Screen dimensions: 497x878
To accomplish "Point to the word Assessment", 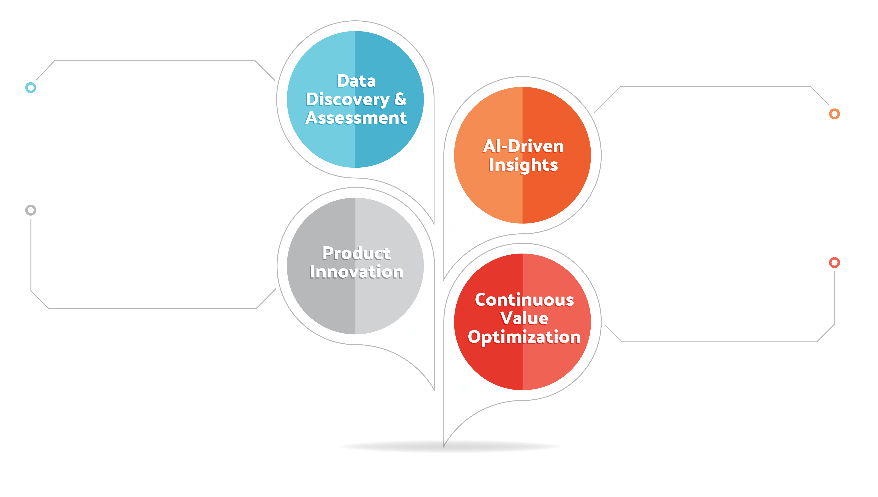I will (356, 118).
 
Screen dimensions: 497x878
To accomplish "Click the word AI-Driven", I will (523, 146).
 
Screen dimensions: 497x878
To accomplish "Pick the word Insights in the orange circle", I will (523, 165).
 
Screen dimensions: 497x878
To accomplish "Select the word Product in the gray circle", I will (356, 253).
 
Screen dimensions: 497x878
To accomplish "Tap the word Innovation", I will (356, 272).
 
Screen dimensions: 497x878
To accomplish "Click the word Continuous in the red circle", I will (524, 300).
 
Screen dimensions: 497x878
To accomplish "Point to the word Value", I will (524, 318).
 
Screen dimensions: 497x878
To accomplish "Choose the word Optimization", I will (524, 337).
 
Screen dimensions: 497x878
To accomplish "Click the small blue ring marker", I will (31, 88).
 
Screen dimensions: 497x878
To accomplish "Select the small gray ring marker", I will (31, 210).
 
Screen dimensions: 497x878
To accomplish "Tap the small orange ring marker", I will (834, 114).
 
